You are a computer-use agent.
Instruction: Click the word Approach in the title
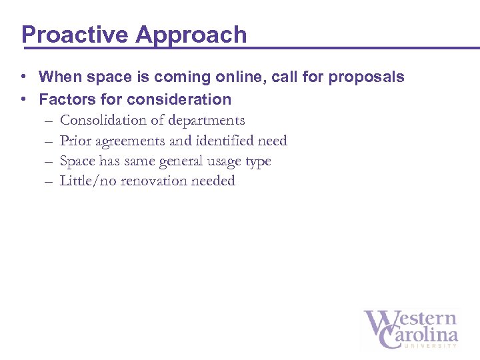[x=191, y=35]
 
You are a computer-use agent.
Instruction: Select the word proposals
[x=369, y=77]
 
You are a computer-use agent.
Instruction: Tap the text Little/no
[x=88, y=181]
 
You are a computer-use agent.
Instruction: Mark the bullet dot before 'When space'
[x=23, y=77]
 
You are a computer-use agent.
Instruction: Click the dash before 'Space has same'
[x=49, y=161]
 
